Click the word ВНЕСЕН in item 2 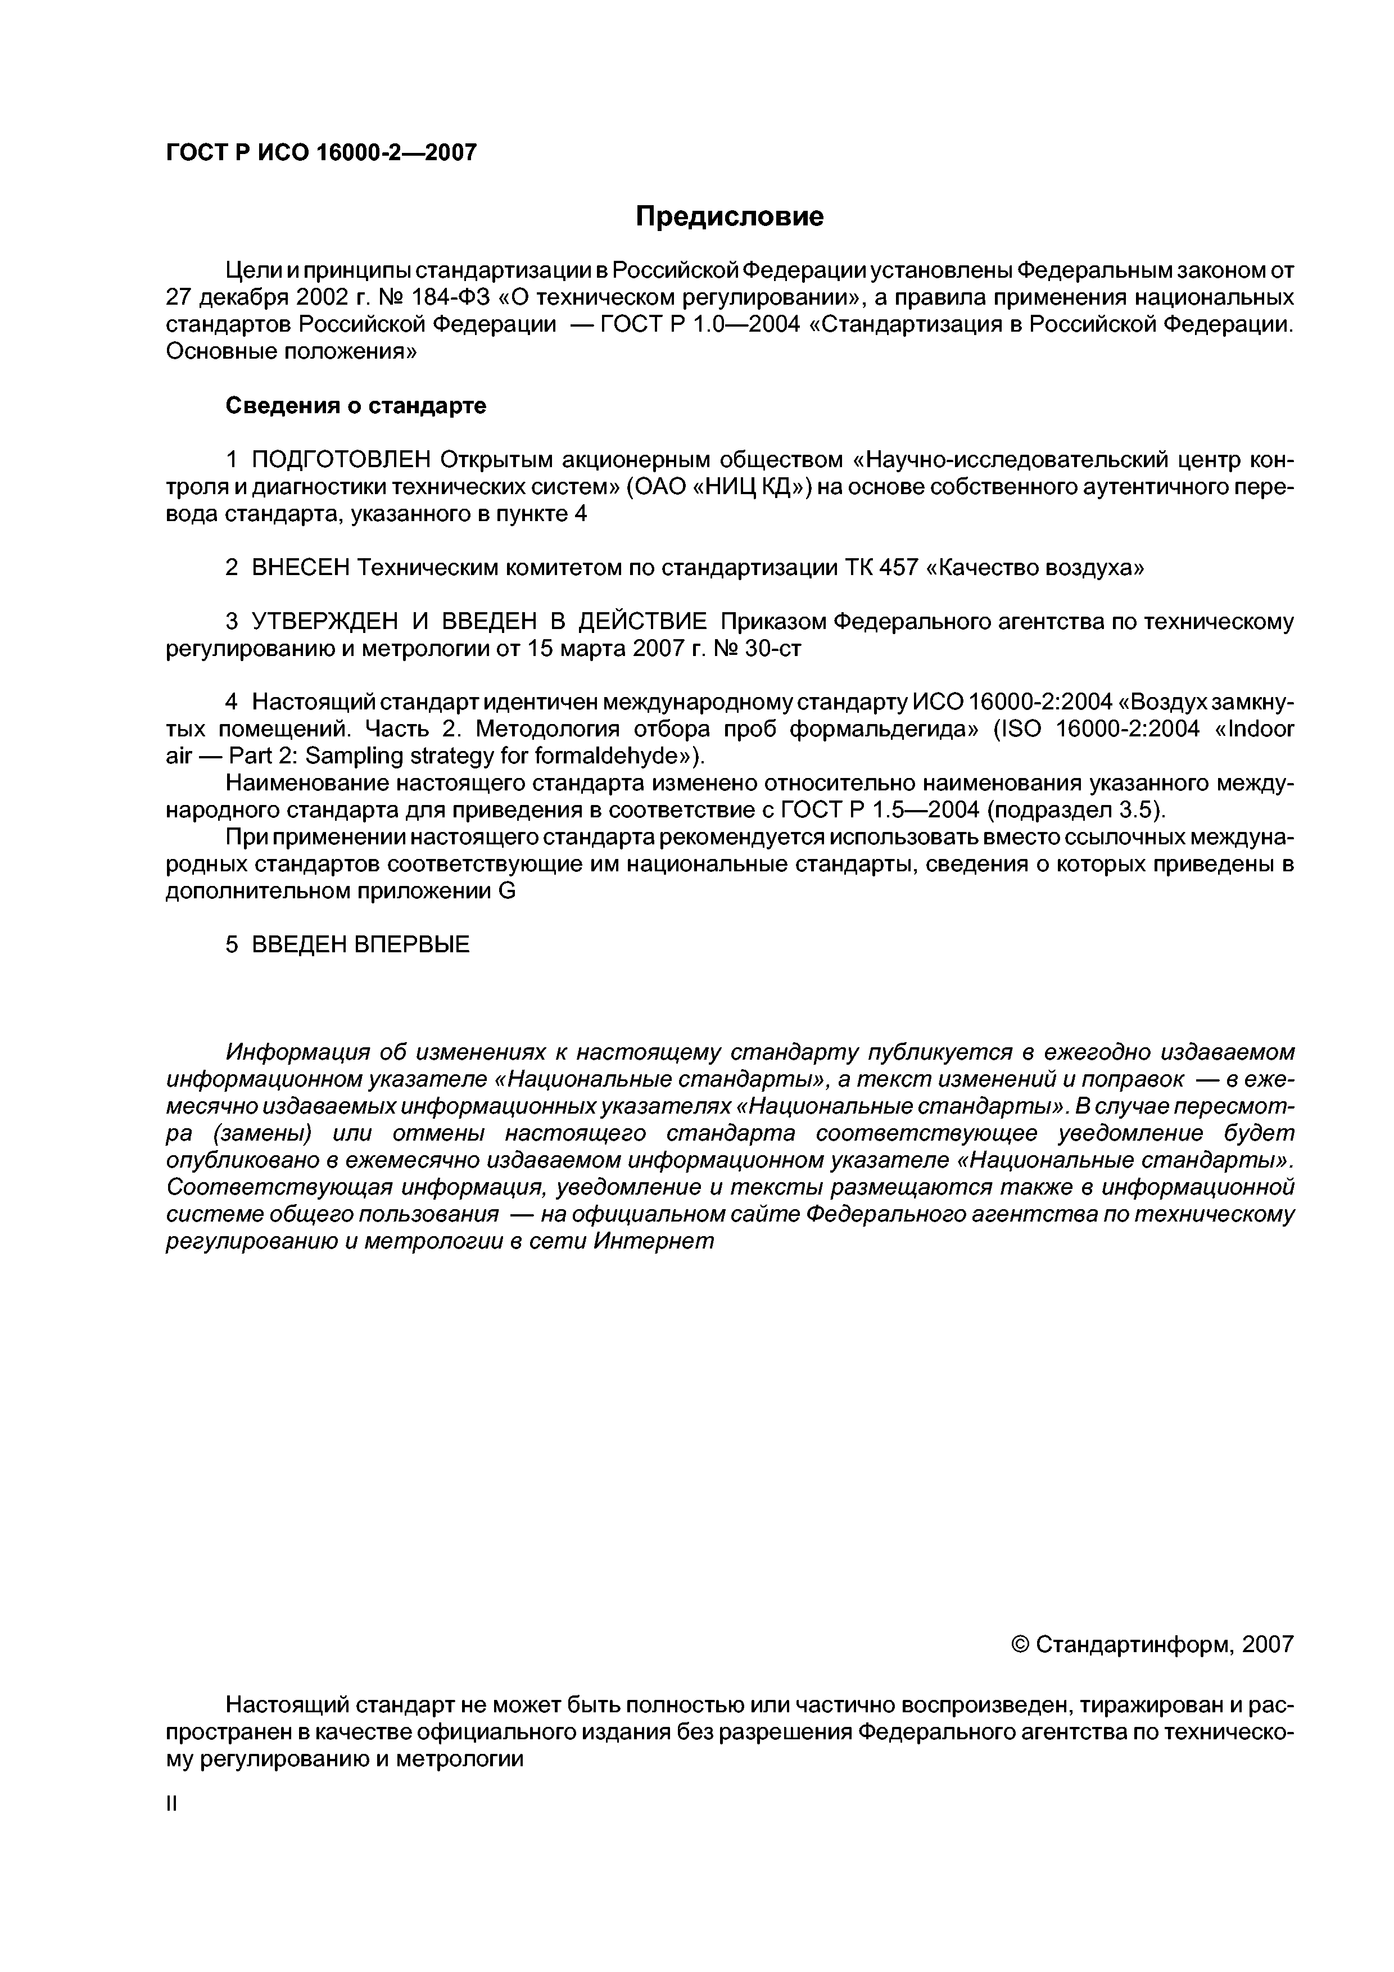[x=301, y=568]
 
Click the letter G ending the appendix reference [x=507, y=892]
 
